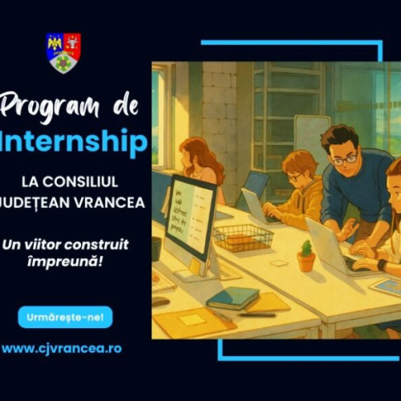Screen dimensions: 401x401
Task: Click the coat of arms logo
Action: [63, 52]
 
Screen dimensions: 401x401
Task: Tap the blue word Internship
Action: [75, 141]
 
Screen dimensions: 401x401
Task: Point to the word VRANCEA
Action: [113, 202]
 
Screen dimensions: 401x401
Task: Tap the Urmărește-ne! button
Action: [65, 317]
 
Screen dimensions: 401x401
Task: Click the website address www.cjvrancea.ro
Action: [62, 349]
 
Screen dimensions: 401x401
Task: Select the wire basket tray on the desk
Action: [244, 237]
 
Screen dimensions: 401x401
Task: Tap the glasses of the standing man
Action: [344, 160]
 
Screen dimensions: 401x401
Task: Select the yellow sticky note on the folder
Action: [192, 319]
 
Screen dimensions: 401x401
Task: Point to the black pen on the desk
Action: [257, 314]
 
